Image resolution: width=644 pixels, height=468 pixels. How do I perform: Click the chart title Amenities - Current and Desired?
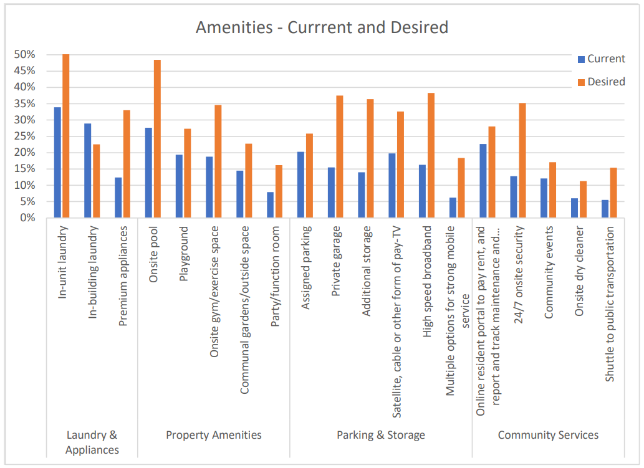click(322, 27)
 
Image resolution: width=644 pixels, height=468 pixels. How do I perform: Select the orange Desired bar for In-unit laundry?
click(65, 136)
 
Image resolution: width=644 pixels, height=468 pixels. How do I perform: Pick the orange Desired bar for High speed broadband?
click(431, 155)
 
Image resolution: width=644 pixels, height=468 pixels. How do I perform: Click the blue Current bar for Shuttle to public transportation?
click(605, 209)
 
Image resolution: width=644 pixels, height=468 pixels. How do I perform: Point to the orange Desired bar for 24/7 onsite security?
click(522, 160)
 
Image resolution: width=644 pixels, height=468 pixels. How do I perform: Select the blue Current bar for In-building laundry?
click(88, 171)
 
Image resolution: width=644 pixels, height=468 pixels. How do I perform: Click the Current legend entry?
click(601, 59)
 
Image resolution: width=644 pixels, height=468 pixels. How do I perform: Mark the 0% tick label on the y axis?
click(27, 218)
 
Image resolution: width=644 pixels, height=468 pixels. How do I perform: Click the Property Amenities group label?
click(214, 435)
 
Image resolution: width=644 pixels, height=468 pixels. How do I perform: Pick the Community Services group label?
click(548, 435)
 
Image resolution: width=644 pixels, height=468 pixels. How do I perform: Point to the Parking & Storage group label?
click(381, 435)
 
